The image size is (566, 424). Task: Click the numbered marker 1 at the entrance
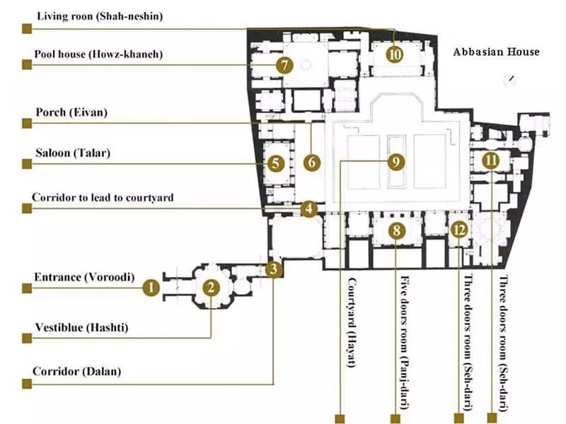(x=150, y=287)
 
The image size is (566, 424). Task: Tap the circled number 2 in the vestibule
(x=211, y=287)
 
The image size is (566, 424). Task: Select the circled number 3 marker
(x=274, y=269)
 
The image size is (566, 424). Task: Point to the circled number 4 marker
(x=308, y=209)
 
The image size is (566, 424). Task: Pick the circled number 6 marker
(x=311, y=162)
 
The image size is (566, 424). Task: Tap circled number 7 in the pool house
(x=284, y=66)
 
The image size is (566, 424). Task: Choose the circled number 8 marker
(x=397, y=230)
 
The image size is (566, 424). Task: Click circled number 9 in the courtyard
(x=396, y=162)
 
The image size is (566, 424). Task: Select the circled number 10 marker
(x=394, y=54)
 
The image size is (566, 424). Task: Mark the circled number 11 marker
(x=490, y=160)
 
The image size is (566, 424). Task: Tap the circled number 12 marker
(x=459, y=229)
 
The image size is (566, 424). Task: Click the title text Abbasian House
(x=496, y=52)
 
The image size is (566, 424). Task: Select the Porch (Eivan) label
(x=71, y=112)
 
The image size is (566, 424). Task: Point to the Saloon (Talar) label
(x=73, y=152)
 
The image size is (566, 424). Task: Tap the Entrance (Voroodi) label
(x=83, y=277)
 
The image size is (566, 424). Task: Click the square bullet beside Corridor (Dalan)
(x=27, y=384)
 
